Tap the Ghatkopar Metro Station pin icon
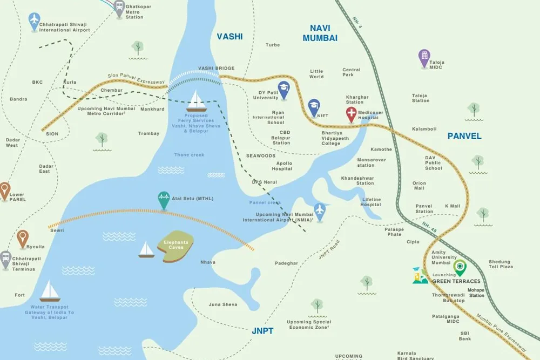coord(120,8)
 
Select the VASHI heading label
coord(230,37)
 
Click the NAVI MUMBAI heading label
coord(320,33)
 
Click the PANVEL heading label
coord(464,136)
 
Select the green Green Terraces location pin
coord(460,267)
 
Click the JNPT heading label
coord(262,331)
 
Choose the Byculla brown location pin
coord(22,238)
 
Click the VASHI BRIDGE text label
coord(216,68)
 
